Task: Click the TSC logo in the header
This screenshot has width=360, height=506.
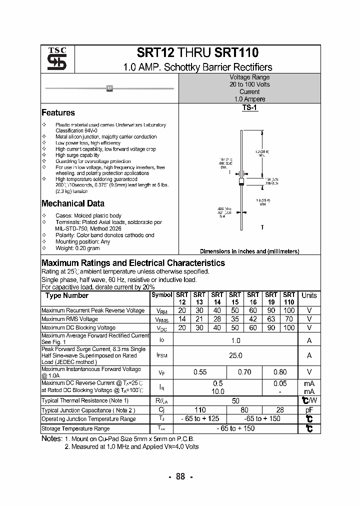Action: point(53,59)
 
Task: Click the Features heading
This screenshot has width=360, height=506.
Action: point(58,113)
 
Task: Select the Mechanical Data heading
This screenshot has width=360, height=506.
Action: point(72,203)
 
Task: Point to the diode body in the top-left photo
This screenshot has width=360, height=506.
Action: point(109,88)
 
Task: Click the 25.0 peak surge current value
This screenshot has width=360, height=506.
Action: point(235,355)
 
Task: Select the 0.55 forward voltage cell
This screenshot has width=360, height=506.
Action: point(200,372)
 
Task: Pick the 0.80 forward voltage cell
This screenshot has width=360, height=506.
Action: point(280,372)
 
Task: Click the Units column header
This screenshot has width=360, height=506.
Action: point(309,295)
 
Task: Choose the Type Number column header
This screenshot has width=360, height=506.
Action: point(67,295)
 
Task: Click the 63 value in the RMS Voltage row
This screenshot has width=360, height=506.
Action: point(271,319)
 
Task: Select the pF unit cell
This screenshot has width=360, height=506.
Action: point(309,410)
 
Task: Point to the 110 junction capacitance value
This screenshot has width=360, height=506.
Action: point(200,410)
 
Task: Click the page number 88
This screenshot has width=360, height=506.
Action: point(180,476)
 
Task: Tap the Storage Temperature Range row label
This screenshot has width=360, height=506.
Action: point(75,428)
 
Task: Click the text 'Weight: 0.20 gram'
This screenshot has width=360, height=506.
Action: point(77,248)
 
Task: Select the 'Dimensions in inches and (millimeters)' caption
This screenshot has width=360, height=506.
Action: point(249,251)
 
